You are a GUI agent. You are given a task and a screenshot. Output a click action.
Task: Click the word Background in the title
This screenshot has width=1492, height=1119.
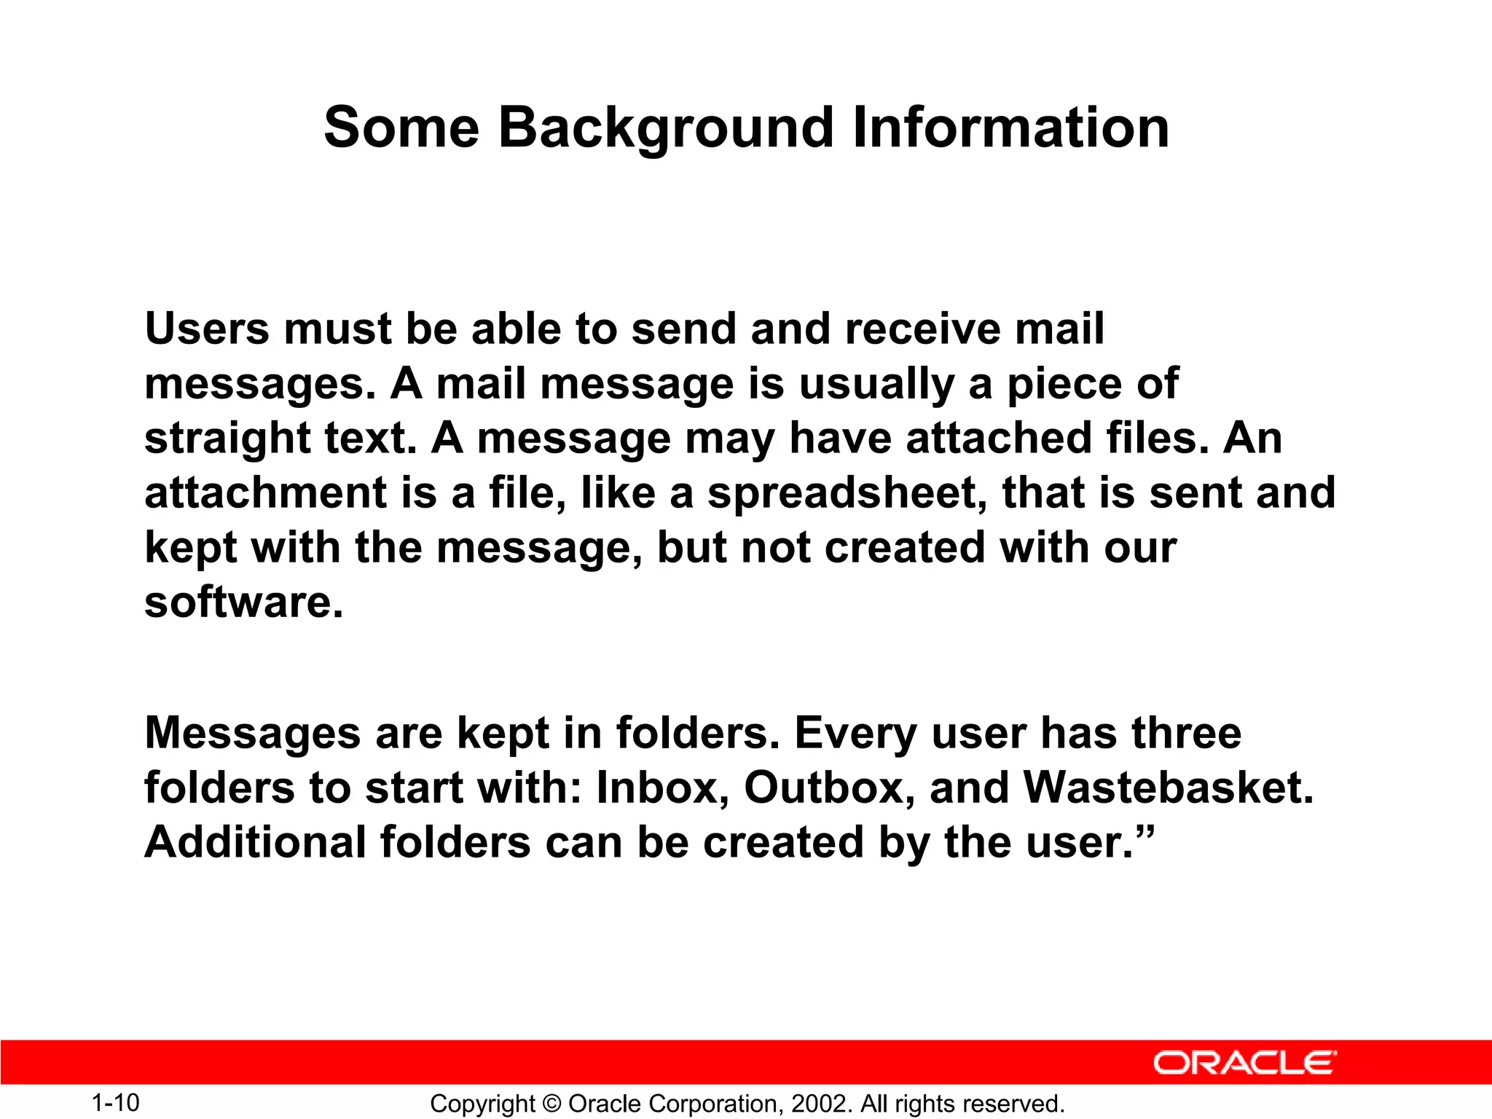tap(666, 128)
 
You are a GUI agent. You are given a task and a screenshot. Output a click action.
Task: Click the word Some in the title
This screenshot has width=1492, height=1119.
tap(401, 128)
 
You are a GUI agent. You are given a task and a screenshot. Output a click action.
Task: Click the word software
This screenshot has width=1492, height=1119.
tap(243, 602)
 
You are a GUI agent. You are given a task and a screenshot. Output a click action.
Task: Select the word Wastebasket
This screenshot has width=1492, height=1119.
tap(1168, 788)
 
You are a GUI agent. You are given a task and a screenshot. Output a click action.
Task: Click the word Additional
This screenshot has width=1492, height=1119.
tap(255, 842)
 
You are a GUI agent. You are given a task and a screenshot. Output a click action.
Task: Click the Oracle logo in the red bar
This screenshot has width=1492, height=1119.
tap(1244, 1063)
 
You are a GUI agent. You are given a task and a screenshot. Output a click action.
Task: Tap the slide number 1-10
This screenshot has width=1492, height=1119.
tap(115, 1102)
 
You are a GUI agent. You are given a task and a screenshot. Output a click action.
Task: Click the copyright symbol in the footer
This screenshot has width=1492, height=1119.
tap(551, 1104)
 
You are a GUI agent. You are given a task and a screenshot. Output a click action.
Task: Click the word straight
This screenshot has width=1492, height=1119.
tap(227, 439)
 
